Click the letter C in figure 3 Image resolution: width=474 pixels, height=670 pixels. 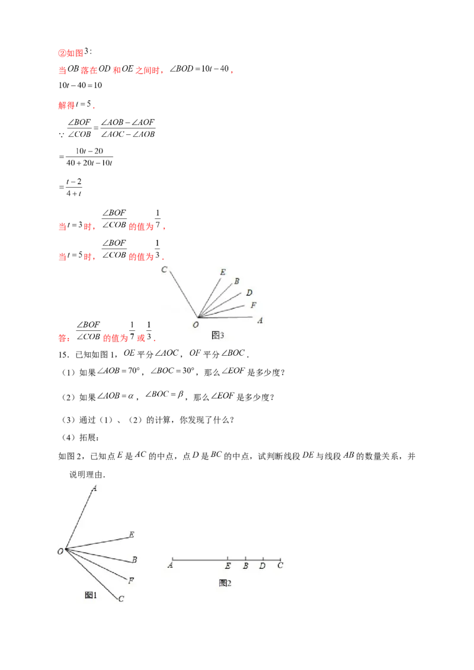pos(164,270)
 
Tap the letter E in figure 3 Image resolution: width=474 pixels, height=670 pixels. pos(223,272)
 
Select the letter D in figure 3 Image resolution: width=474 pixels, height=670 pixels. pos(249,293)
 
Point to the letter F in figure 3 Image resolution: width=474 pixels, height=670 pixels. pos(254,305)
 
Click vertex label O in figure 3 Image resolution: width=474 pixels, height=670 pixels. pos(196,324)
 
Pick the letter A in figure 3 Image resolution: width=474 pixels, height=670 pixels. pos(260,320)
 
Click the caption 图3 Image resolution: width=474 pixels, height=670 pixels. pos(217,336)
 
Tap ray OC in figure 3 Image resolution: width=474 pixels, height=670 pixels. pos(181,292)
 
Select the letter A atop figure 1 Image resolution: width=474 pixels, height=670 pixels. pos(94,488)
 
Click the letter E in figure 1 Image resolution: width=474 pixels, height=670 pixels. pos(132,535)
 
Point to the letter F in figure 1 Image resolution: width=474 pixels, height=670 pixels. pos(130,581)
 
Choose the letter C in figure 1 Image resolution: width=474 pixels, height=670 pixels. pos(121,598)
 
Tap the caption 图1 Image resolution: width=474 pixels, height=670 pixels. pos(91,595)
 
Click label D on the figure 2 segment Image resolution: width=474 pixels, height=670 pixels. pos(262,566)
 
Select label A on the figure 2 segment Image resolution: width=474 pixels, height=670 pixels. pos(171,566)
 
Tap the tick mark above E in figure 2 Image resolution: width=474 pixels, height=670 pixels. pos(228,558)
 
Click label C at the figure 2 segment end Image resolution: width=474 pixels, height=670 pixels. pos(280,566)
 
